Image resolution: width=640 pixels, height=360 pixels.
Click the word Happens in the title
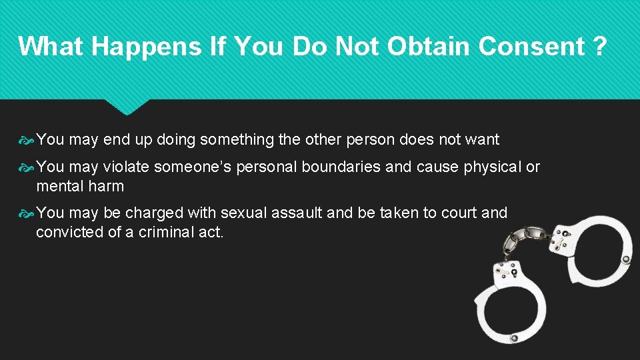click(x=139, y=46)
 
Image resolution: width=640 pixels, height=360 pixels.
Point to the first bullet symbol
click(x=26, y=140)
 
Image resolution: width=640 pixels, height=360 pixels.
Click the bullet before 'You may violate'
click(x=26, y=167)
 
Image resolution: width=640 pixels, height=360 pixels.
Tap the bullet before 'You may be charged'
click(x=26, y=213)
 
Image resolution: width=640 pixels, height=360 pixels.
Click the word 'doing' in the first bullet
click(x=177, y=139)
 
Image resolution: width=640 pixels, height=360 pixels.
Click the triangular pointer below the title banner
click(x=127, y=107)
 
